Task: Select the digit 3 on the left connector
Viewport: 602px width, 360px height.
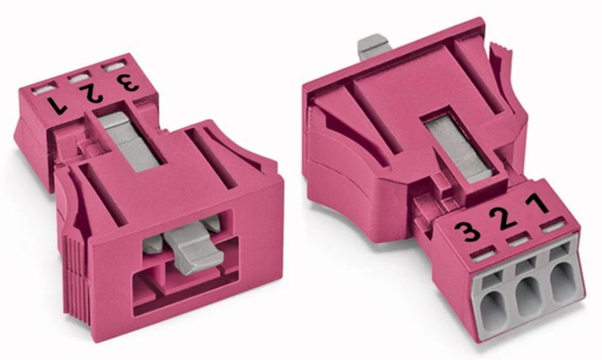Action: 128,82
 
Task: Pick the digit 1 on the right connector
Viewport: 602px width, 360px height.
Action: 538,203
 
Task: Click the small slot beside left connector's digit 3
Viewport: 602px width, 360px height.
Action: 113,66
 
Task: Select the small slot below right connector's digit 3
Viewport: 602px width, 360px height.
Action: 482,255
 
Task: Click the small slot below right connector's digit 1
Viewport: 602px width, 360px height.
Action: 551,227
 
